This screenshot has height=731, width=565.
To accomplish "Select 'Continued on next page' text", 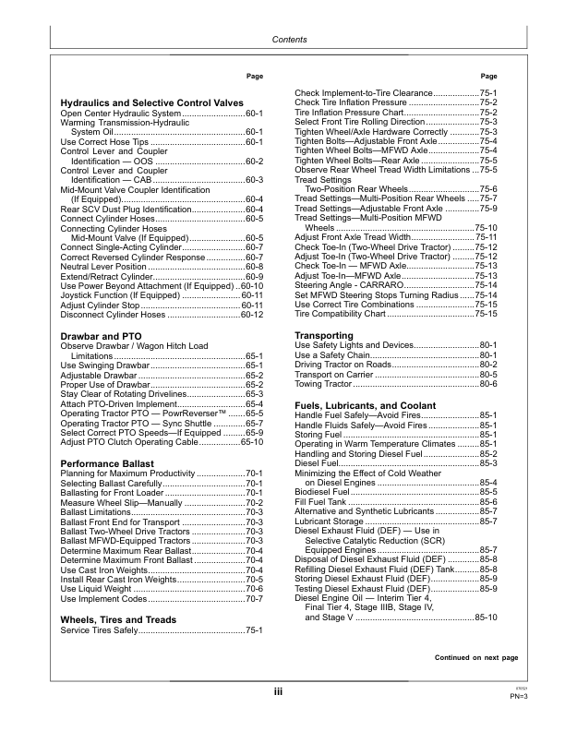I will coord(476,657).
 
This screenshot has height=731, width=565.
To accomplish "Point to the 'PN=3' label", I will coord(518,696).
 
